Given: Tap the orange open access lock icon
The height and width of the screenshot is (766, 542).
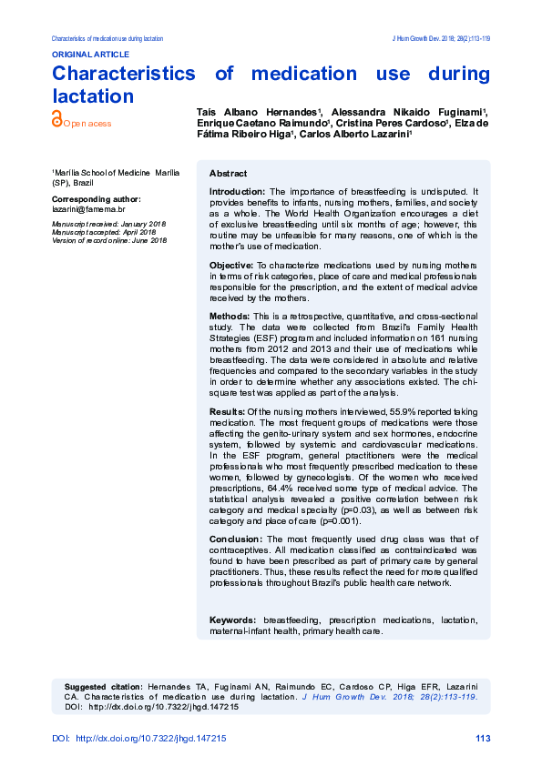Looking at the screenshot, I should coord(56,118).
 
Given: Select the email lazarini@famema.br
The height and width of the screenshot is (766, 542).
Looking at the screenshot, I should coord(88,208).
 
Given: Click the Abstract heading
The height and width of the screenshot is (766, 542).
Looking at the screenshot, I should coord(228,173).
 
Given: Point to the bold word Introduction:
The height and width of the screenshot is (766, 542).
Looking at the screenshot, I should coord(237,192).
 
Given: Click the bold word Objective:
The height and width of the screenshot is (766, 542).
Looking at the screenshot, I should coord(232,265).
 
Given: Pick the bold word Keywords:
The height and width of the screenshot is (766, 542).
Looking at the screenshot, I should coord(233,620).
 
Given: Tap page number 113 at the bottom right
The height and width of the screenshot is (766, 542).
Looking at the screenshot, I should coord(483,739).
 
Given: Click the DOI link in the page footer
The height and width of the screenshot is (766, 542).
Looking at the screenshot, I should coord(149,739).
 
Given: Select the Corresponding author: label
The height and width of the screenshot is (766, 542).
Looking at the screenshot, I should coord(96,198).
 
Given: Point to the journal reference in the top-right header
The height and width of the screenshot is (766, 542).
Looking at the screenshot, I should coord(441,39).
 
